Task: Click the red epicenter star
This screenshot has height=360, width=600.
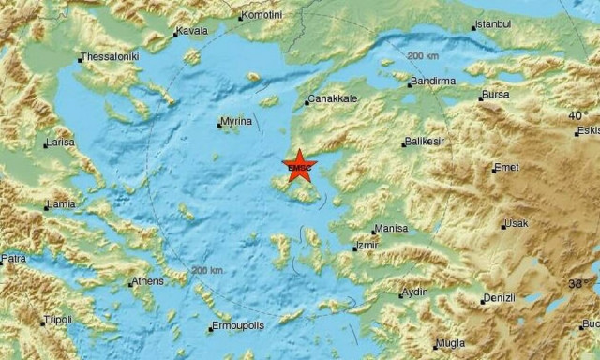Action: (x=300, y=167)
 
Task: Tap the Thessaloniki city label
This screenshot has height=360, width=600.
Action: (x=111, y=57)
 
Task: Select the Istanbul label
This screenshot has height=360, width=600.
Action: (x=493, y=22)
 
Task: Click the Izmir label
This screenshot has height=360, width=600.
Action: (x=368, y=247)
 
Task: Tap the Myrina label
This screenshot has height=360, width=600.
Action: (x=236, y=122)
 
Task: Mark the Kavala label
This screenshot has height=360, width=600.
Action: (x=193, y=32)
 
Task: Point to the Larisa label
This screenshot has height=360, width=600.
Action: (x=61, y=143)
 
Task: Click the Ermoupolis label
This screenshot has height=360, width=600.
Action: (x=237, y=327)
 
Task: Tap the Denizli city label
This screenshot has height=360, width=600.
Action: (x=500, y=298)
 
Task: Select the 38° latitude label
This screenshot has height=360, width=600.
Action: (x=579, y=283)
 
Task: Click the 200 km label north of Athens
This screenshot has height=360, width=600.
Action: (x=207, y=270)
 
